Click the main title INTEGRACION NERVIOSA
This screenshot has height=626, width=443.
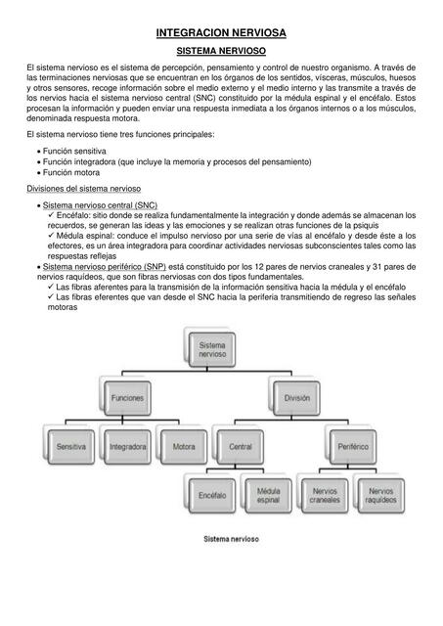tap(220, 33)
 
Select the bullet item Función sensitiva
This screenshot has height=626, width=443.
tap(74, 153)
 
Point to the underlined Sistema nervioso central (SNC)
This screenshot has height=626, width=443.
tap(101, 205)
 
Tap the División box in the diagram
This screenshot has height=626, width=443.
tap(296, 398)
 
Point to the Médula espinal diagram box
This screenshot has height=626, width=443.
tap(267, 495)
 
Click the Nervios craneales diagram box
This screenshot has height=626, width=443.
tap(324, 495)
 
